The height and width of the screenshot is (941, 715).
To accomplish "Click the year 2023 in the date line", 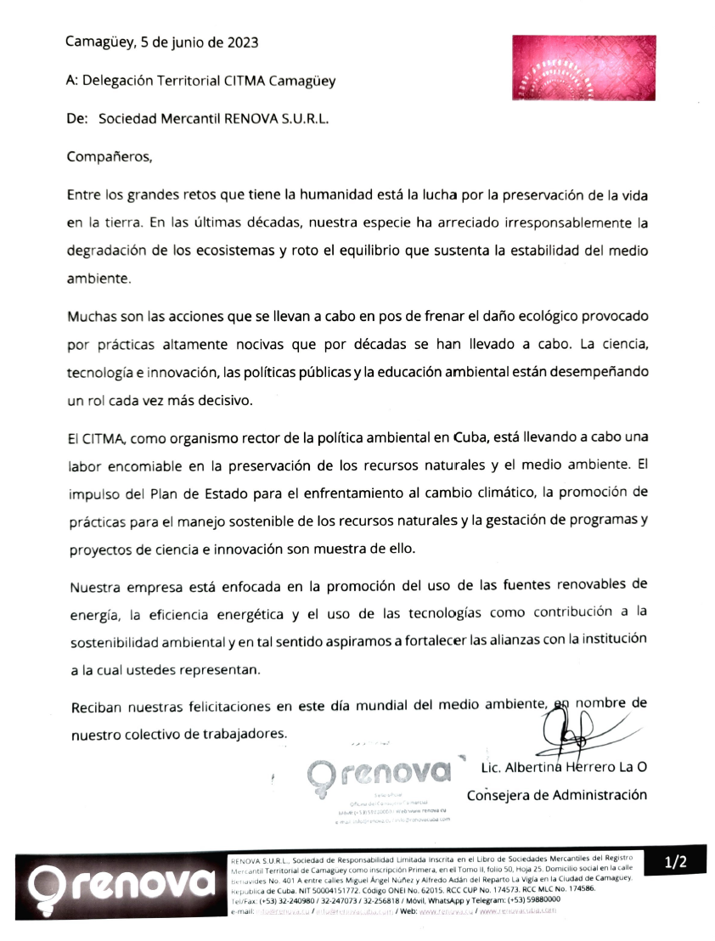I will tap(241, 42).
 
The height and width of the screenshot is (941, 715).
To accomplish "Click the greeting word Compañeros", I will tap(108, 156).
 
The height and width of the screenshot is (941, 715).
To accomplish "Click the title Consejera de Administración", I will tap(556, 796).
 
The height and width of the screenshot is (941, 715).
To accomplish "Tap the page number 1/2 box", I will tap(675, 863).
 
